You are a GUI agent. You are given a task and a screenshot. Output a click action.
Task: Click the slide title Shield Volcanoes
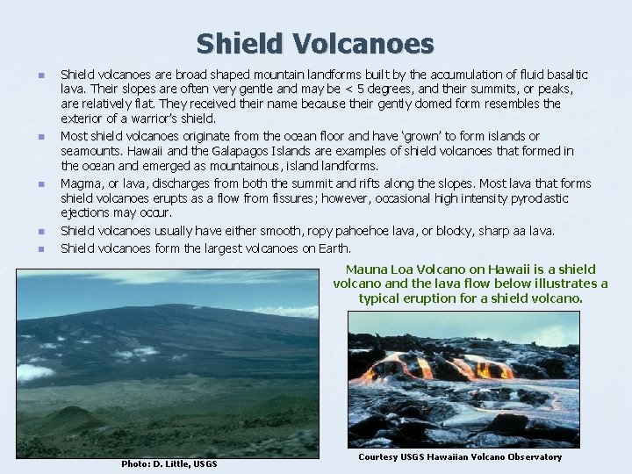(x=315, y=42)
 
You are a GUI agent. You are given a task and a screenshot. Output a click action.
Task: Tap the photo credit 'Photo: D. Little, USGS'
(x=168, y=463)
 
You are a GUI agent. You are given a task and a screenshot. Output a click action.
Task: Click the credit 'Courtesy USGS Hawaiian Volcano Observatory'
(x=460, y=457)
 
